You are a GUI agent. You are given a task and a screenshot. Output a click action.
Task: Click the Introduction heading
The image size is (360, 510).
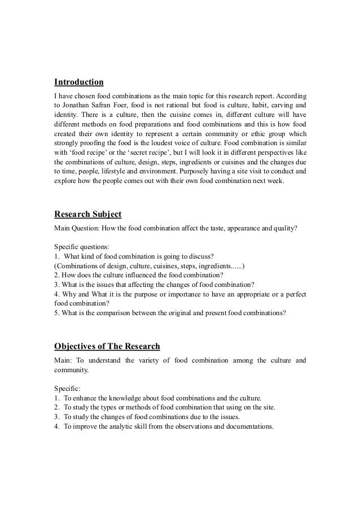click(x=78, y=82)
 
